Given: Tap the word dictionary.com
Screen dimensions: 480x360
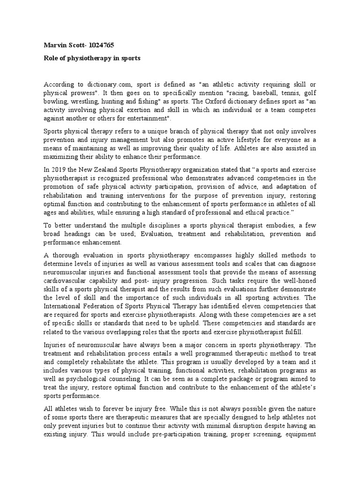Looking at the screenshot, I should tap(110, 85).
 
